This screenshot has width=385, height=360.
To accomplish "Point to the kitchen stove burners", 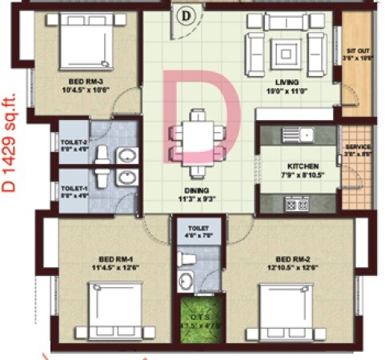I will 297,205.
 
